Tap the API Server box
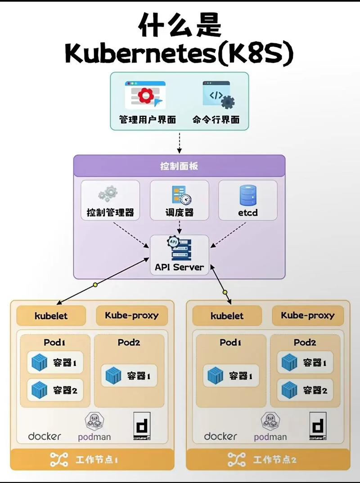pyautogui.click(x=179, y=255)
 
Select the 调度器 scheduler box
pyautogui.click(x=179, y=200)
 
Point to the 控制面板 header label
pyautogui.click(x=179, y=166)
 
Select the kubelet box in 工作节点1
pyautogui.click(x=51, y=316)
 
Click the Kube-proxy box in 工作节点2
pyautogui.click(x=308, y=316)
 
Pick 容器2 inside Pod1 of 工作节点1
pyautogui.click(x=55, y=390)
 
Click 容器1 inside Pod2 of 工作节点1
pyautogui.click(x=129, y=375)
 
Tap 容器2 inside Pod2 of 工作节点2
pyautogui.click(x=305, y=390)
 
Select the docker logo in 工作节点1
pyautogui.click(x=45, y=436)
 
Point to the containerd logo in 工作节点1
pyautogui.click(x=142, y=426)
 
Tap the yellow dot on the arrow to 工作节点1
pyautogui.click(x=95, y=285)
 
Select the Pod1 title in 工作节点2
pyautogui.click(x=231, y=342)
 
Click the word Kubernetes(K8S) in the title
pyautogui.click(x=179, y=54)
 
